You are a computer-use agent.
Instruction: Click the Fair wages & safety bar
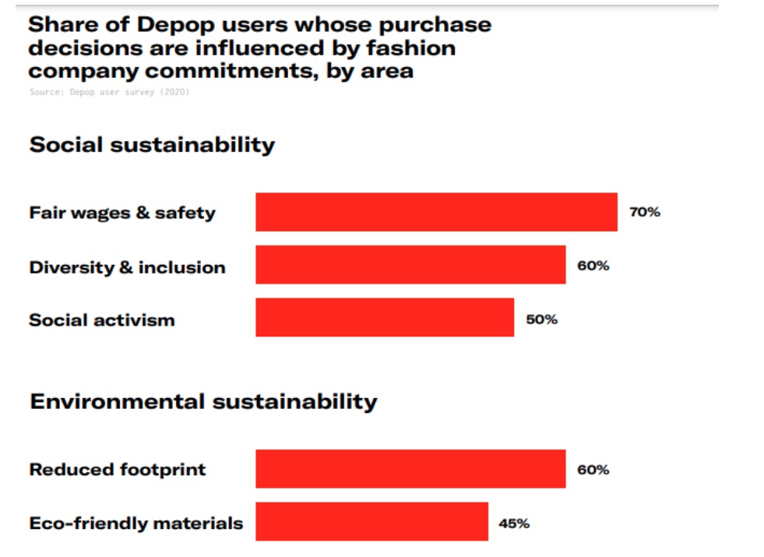coord(436,212)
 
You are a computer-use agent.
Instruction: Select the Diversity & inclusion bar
coord(410,265)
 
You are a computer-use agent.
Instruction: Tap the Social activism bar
coord(385,317)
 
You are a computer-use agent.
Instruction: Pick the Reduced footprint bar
coord(410,469)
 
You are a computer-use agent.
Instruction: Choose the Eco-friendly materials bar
coord(371,521)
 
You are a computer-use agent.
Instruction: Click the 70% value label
coord(644,212)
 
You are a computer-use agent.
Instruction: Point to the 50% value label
coord(541,319)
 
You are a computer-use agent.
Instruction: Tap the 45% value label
coord(514,524)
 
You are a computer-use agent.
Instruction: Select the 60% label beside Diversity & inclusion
coord(593,266)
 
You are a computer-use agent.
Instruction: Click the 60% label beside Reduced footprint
coord(593,470)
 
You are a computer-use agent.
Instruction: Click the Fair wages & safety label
coord(122,213)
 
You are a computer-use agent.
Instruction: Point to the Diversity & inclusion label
coord(127,267)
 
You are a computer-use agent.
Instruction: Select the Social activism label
coord(102,319)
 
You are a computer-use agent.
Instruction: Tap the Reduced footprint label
coord(118,470)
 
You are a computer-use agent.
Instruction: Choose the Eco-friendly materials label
coord(136,523)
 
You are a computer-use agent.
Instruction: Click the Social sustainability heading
coord(152,145)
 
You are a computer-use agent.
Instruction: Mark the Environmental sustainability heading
coord(203,401)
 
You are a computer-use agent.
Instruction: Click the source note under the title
coord(109,92)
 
